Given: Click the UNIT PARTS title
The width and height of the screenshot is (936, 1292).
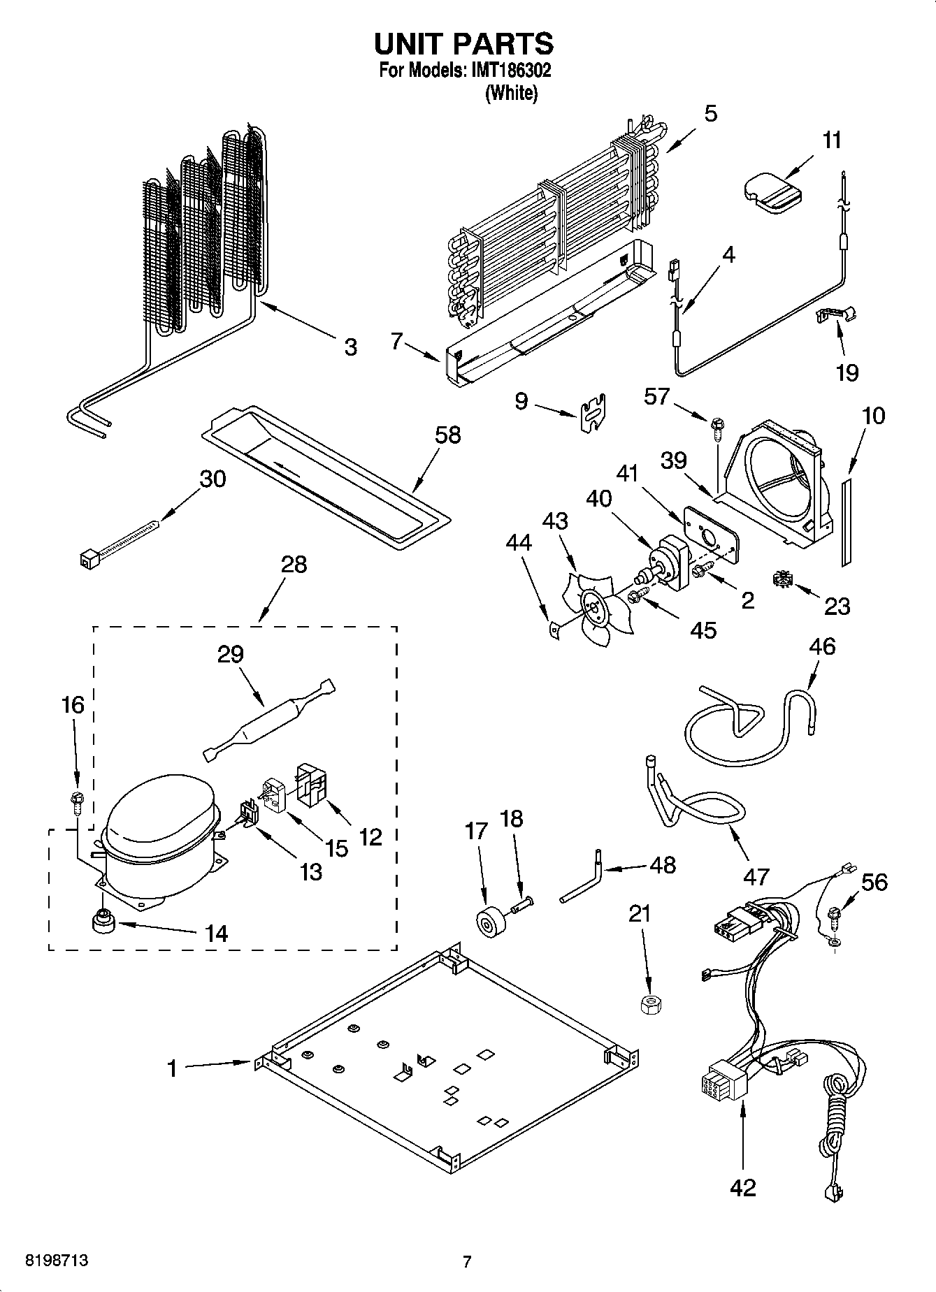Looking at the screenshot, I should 464,43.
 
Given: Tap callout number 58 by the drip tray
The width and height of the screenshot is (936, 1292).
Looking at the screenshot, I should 447,435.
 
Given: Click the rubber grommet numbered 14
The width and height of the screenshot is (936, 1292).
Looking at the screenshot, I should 103,922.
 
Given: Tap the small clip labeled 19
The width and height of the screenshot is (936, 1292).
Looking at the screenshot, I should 837,315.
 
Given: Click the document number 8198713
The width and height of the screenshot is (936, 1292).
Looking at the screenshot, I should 57,1261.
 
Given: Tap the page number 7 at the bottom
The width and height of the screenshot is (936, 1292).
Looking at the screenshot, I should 467,1261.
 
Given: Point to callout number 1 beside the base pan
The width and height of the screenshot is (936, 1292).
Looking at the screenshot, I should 172,1068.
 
